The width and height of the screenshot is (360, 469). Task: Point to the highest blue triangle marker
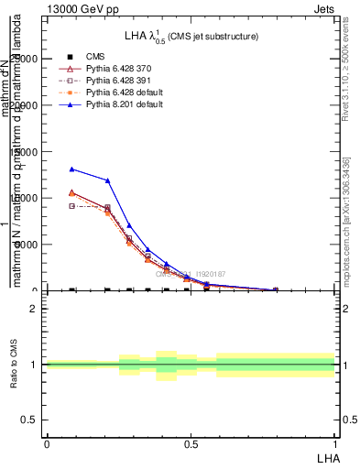[x=72, y=169]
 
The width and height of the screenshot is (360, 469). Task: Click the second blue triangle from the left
[x=107, y=180]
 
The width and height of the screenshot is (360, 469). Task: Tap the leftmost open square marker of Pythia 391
[x=72, y=206]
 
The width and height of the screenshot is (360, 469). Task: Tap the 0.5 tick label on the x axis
[x=191, y=444]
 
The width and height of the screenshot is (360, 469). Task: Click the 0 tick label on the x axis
[x=47, y=444]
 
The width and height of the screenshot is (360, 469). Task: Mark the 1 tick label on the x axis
[x=334, y=444]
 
